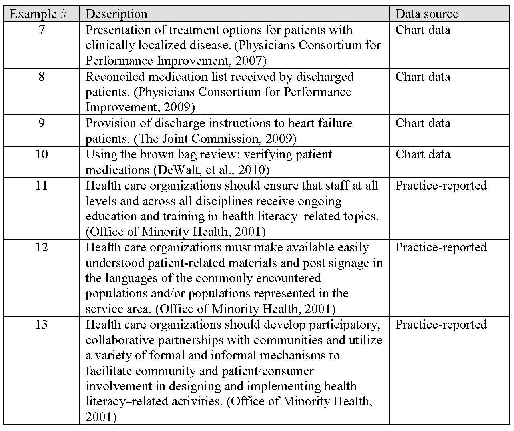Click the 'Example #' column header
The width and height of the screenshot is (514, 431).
click(x=38, y=14)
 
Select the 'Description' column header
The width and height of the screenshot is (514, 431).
click(x=116, y=14)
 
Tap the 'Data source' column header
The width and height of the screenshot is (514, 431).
click(x=426, y=14)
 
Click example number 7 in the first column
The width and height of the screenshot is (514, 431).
click(x=42, y=30)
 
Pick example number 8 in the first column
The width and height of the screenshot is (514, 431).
click(x=42, y=76)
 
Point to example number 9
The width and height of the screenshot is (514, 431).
click(x=42, y=123)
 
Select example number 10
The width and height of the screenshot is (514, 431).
click(x=42, y=154)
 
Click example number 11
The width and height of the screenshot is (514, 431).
click(x=42, y=185)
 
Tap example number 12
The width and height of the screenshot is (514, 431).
click(x=42, y=247)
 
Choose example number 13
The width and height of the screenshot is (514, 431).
click(x=42, y=324)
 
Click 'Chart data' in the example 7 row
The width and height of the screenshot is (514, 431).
click(x=422, y=30)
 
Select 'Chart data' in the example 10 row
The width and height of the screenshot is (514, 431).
click(x=422, y=154)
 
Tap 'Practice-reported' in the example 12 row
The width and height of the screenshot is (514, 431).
click(x=441, y=247)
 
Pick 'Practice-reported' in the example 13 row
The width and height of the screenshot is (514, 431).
click(x=441, y=324)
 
